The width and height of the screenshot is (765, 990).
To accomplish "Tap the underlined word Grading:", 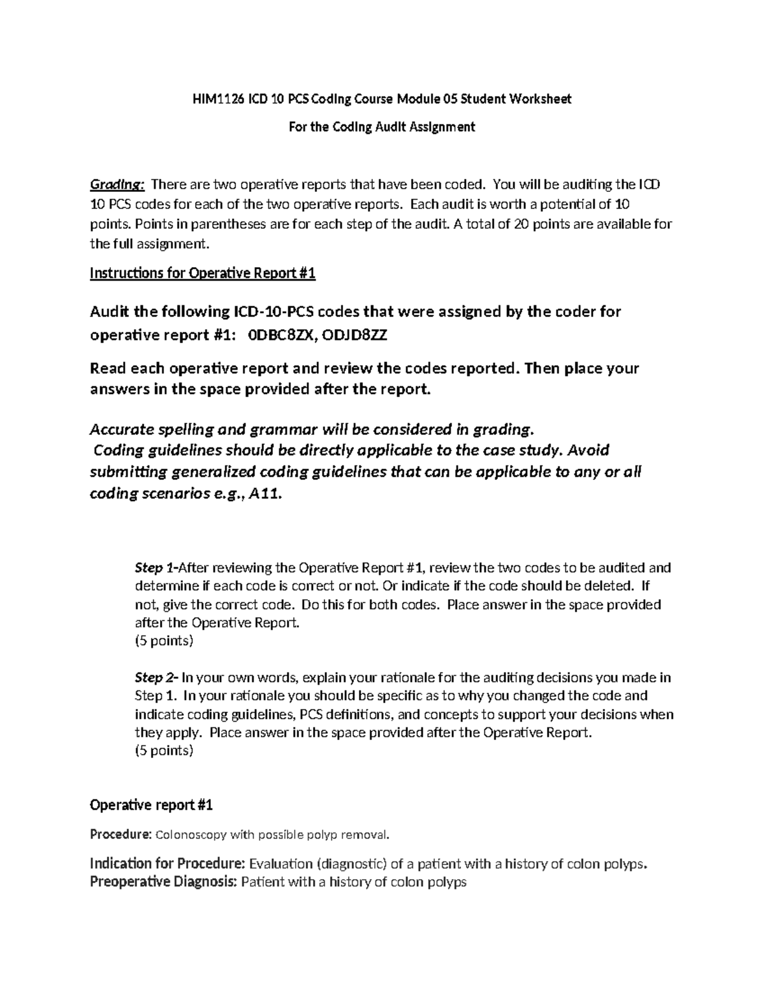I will (x=117, y=185).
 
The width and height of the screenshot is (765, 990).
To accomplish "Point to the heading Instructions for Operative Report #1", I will (x=203, y=273).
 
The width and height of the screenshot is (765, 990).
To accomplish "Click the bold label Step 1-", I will (x=157, y=567).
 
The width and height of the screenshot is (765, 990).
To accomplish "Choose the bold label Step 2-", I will (x=157, y=678).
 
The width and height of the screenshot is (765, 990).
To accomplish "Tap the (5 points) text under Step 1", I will (x=164, y=641).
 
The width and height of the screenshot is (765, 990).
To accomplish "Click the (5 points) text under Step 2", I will (x=164, y=751).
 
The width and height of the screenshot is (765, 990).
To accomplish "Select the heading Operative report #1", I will (x=151, y=805).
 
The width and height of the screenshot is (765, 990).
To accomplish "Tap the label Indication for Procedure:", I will (x=167, y=864).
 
